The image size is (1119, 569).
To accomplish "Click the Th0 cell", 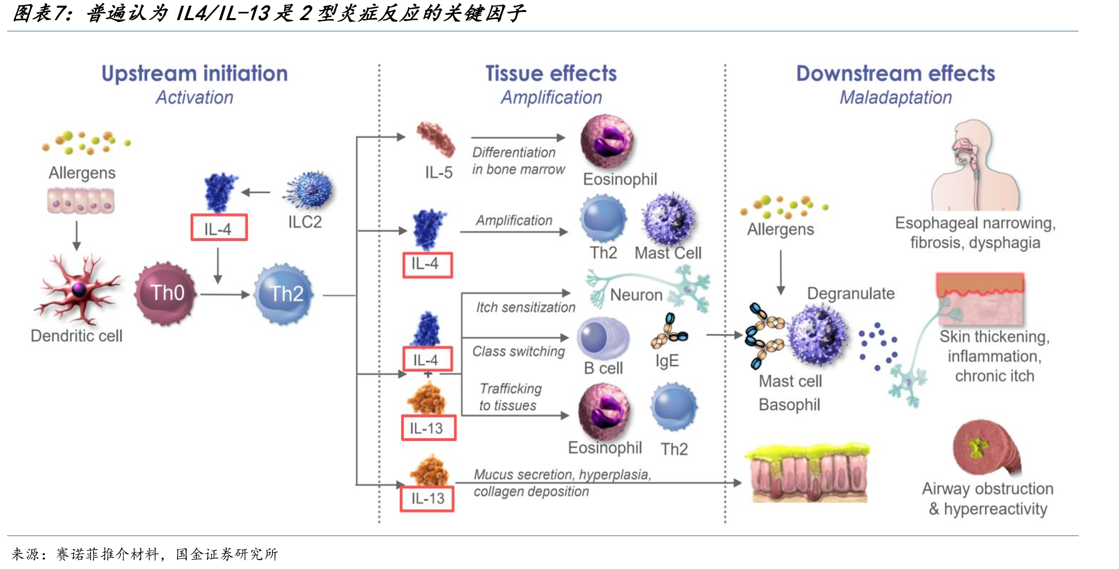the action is tap(166, 293).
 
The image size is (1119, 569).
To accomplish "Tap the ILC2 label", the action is tap(305, 222).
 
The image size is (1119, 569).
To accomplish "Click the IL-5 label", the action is tap(439, 172).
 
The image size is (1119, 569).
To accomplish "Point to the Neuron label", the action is tap(636, 295).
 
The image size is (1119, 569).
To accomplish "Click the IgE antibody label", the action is tap(667, 361).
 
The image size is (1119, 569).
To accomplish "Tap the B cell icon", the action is tap(603, 338).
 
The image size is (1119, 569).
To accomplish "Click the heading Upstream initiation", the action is tap(195, 74).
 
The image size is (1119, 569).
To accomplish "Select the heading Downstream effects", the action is tap(896, 74).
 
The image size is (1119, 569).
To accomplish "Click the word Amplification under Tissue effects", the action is tap(551, 98).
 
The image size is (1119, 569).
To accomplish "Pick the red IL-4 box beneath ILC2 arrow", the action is tap(219, 227).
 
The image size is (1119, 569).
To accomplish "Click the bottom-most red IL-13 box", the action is tap(427, 499).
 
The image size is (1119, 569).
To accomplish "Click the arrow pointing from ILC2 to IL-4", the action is tap(256, 192).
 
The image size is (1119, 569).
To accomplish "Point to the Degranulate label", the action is tap(851, 294).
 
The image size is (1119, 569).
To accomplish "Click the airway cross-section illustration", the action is tap(986, 447).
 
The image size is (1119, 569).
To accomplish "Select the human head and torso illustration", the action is tap(975, 165).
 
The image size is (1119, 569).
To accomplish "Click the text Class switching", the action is tap(519, 351).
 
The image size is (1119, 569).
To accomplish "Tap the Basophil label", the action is tap(790, 405).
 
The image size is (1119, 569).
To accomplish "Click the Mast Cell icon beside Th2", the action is tap(668, 219).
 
